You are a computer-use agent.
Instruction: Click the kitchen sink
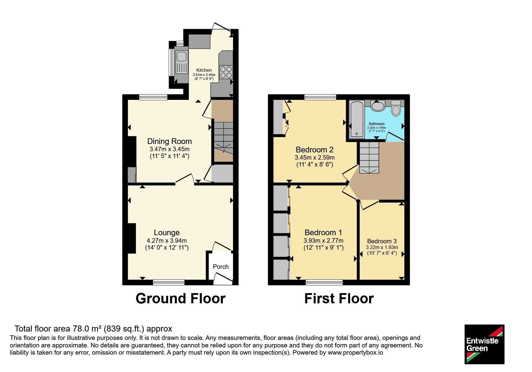pos(181,62)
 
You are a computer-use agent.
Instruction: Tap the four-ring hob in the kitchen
pos(226,72)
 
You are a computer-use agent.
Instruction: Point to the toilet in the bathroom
pos(396,108)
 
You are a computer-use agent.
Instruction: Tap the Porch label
pos(221,267)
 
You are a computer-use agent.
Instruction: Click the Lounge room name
pos(167,232)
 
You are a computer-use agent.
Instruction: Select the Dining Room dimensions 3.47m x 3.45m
pos(169,149)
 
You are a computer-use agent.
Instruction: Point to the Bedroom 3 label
pos(382,241)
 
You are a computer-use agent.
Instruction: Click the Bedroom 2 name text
pos(315,150)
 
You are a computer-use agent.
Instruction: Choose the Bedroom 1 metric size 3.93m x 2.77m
pos(323,241)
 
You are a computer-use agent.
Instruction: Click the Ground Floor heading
pos(181,298)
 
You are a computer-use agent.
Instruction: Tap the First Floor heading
pos(339,298)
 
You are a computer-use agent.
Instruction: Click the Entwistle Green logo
pos(484,344)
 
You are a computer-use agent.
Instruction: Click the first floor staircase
pos(369,157)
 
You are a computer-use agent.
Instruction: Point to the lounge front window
pos(169,282)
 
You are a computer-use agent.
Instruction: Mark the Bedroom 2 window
pos(320,97)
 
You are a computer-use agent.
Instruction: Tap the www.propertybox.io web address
pos(355,352)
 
